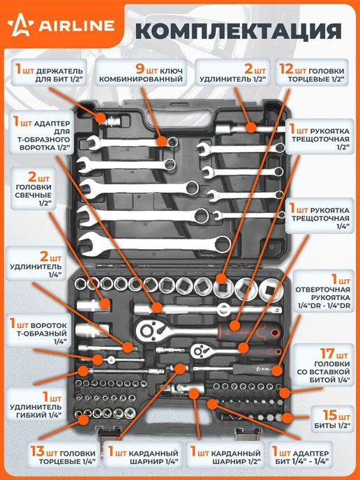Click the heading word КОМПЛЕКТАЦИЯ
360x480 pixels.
coord(239,31)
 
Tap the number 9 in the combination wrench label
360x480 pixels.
coord(140,69)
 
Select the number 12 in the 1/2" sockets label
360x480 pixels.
coord(286,69)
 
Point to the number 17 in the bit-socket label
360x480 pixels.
coord(327,354)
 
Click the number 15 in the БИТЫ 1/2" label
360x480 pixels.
coord(330,415)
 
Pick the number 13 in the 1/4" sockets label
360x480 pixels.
coord(38,451)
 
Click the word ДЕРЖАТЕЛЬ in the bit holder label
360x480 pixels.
coord(59,72)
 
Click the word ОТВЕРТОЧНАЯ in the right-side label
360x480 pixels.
coord(322,290)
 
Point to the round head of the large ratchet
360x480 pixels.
coord(147,330)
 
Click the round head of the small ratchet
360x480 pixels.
coord(200,351)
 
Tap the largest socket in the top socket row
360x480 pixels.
coord(271,290)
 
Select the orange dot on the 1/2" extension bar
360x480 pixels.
coord(250,128)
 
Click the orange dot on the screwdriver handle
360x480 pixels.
coord(277,370)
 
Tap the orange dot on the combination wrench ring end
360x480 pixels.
coord(163,142)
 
